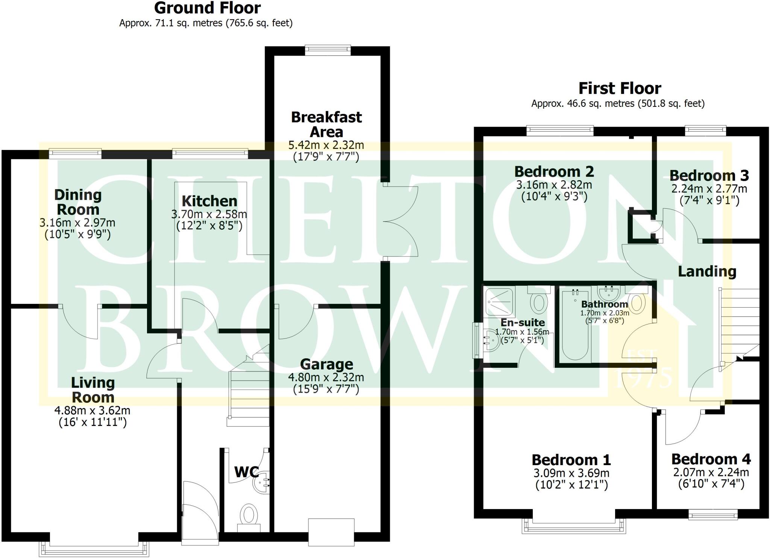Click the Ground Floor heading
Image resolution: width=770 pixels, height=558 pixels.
click(x=207, y=8)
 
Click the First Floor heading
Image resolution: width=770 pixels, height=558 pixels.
click(x=620, y=88)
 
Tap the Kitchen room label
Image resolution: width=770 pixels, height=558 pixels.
click(x=209, y=201)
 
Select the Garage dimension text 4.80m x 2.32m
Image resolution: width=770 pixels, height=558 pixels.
click(x=326, y=377)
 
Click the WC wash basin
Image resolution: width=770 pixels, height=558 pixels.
click(x=262, y=482)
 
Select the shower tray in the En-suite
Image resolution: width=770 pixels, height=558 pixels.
click(x=499, y=301)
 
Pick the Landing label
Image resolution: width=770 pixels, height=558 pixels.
click(x=707, y=271)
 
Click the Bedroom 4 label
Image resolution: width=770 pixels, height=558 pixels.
click(x=711, y=459)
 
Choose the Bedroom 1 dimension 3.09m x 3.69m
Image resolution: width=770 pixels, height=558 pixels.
click(x=571, y=473)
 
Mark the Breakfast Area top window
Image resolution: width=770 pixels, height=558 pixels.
click(x=327, y=50)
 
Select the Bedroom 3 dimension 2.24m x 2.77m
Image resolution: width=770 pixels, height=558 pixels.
click(x=709, y=188)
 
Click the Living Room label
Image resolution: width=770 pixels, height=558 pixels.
click(x=93, y=390)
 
